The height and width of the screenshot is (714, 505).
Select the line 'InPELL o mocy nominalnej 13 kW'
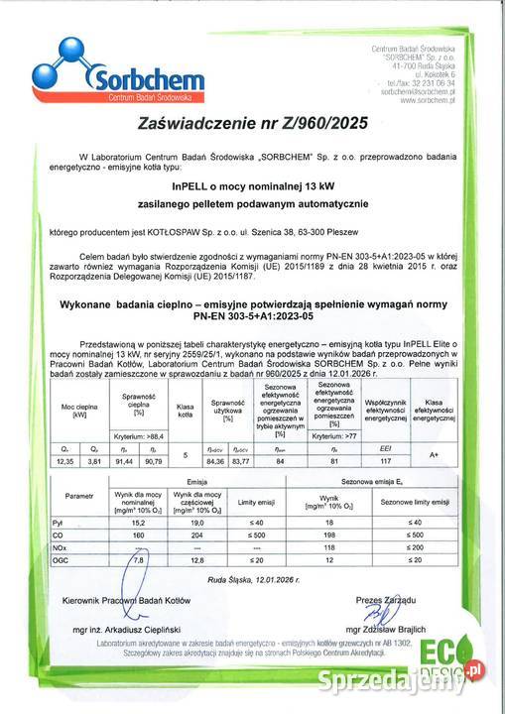(253, 184)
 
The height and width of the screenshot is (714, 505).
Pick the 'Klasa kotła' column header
(185, 407)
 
